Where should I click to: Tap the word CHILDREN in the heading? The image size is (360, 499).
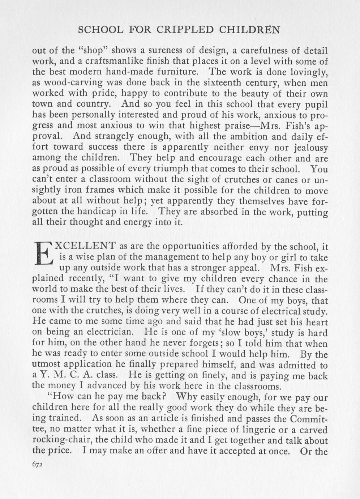[251, 30]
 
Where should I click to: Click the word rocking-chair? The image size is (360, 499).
[60, 441]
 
